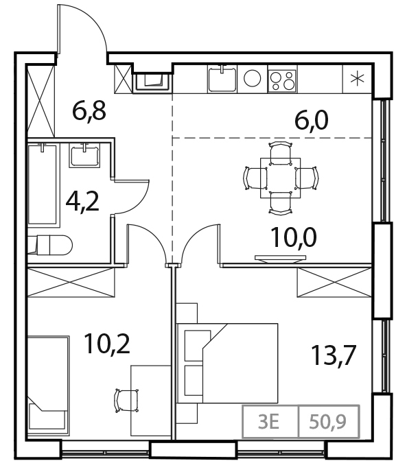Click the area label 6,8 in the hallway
pos(89,110)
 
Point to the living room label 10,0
pos(290,239)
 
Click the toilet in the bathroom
pos(51,245)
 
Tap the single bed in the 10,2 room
pos(48,381)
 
